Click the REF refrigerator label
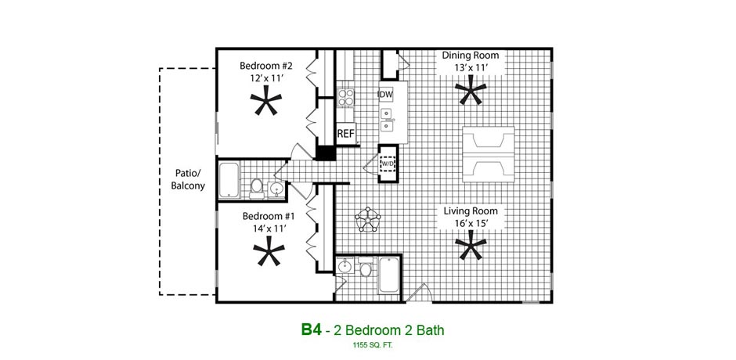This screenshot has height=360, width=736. coord(345,134)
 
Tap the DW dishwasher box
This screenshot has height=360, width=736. coord(385,95)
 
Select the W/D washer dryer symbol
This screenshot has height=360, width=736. coord(388,164)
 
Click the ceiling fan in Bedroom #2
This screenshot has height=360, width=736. coord(265,103)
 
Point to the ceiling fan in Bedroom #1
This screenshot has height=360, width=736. coord(269,250)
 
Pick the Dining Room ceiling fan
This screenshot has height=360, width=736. coord(470,90)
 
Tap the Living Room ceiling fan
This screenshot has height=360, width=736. coord(471,247)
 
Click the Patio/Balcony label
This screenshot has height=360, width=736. coord(188,179)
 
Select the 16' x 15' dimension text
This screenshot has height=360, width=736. coord(471,223)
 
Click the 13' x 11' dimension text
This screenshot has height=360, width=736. coord(471,67)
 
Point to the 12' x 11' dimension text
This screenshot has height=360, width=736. coord(267,78)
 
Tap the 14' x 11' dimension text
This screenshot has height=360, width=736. coord(269,229)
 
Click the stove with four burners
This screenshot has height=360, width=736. coord(345,97)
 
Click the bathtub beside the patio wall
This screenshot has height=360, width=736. coord(229,180)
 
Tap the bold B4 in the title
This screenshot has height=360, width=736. coord(311,329)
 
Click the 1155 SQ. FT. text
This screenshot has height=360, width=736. coord(373,345)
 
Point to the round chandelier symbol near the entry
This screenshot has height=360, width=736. coord(368,218)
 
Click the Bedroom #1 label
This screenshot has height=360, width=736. coord(269,216)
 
